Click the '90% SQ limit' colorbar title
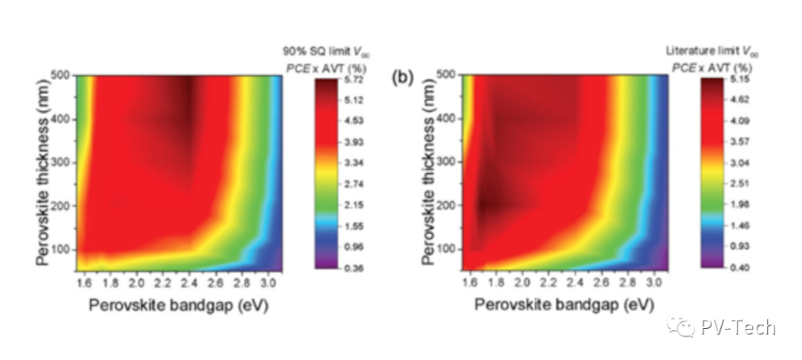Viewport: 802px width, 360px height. (330, 50)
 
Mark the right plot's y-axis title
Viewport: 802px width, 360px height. (428, 173)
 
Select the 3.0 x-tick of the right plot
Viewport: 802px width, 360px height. (653, 284)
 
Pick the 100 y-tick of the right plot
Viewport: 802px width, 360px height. (448, 247)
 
